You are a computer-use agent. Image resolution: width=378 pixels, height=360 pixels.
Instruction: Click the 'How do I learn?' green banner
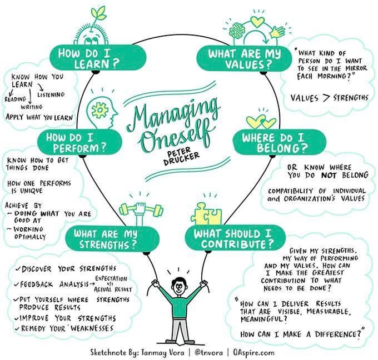(x=98, y=57)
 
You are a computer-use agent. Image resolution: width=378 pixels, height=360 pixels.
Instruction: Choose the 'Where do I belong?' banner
(x=276, y=143)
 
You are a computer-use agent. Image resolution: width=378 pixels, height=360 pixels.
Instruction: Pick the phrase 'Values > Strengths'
(x=330, y=98)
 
